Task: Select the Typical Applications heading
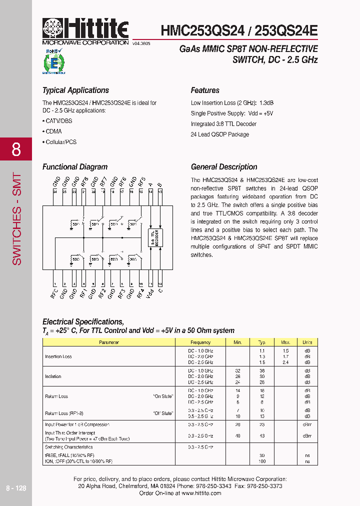(x=75, y=90)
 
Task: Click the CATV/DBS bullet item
(x=57, y=121)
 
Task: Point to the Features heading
(x=205, y=90)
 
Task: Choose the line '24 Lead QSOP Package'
(x=219, y=134)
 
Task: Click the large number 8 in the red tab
(x=16, y=149)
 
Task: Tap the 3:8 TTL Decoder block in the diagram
(x=156, y=236)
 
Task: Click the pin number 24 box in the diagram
(x=55, y=191)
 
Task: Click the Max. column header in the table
(x=285, y=342)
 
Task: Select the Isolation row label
(x=53, y=376)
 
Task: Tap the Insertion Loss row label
(x=58, y=356)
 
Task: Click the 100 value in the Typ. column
(x=261, y=461)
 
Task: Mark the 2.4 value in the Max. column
(x=285, y=362)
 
